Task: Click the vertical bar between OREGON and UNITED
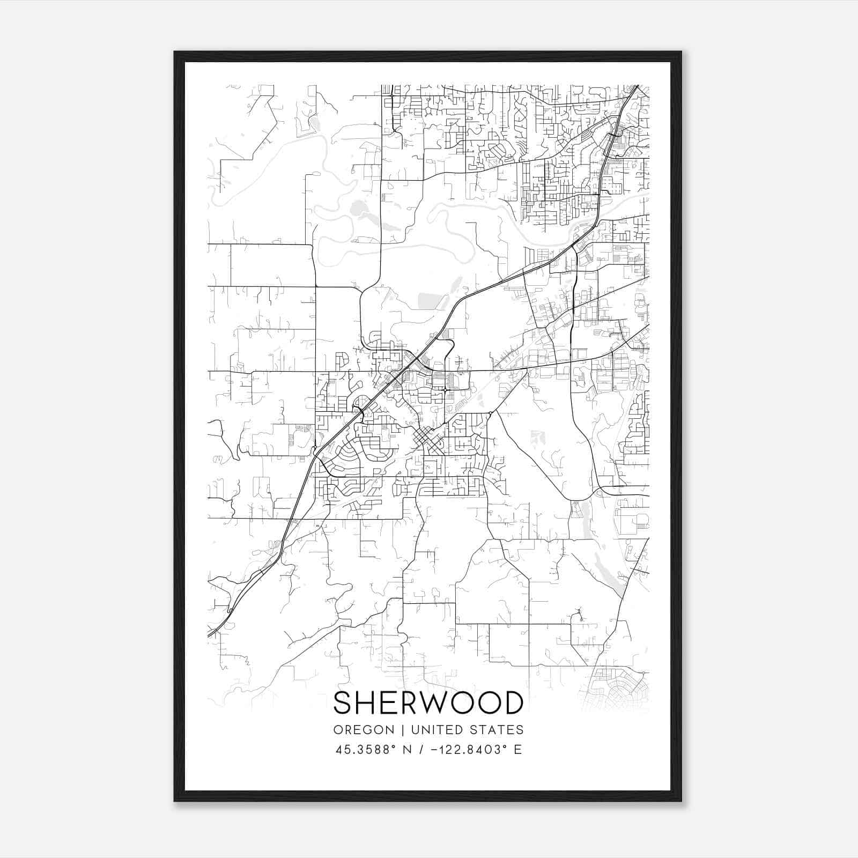[395, 730]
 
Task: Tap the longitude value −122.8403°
[469, 749]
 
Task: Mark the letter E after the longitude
[517, 749]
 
